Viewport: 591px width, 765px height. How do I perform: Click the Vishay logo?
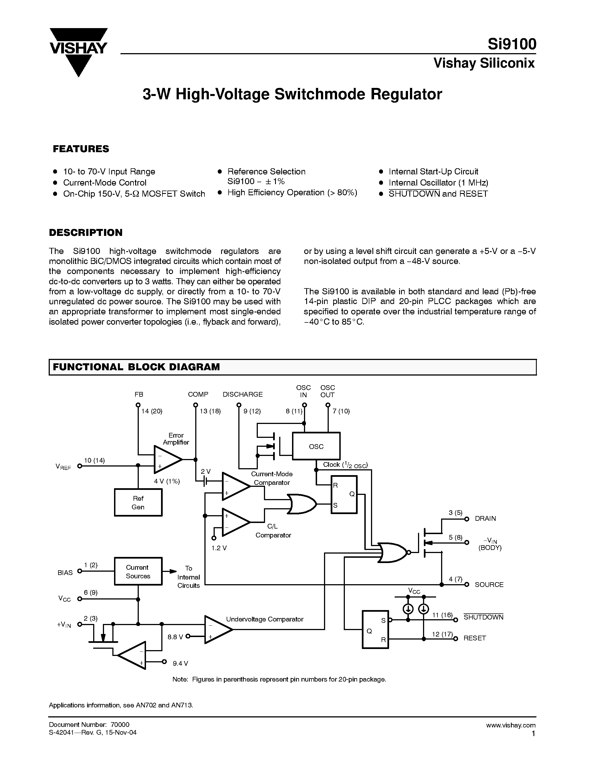78,51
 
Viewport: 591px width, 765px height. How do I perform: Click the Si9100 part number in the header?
511,45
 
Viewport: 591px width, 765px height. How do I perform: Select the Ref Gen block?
138,502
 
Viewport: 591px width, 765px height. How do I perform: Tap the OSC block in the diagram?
316,446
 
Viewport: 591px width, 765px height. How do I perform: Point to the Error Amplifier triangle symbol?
167,459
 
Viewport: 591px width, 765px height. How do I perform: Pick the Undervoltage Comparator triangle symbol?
217,630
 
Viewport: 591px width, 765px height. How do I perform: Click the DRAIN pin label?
485,519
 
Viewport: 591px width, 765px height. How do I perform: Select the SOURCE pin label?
489,585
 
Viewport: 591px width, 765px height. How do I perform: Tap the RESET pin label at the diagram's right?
474,638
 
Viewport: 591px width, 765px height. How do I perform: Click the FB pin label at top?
139,394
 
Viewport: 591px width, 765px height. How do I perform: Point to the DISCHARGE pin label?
243,394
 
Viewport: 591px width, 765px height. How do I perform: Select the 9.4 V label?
180,663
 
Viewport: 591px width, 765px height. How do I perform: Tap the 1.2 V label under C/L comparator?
219,548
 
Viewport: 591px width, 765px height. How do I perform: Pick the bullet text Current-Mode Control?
105,182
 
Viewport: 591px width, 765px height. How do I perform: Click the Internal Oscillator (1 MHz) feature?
438,182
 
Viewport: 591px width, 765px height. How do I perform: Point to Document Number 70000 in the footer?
89,724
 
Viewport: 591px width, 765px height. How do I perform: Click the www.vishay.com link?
510,725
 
